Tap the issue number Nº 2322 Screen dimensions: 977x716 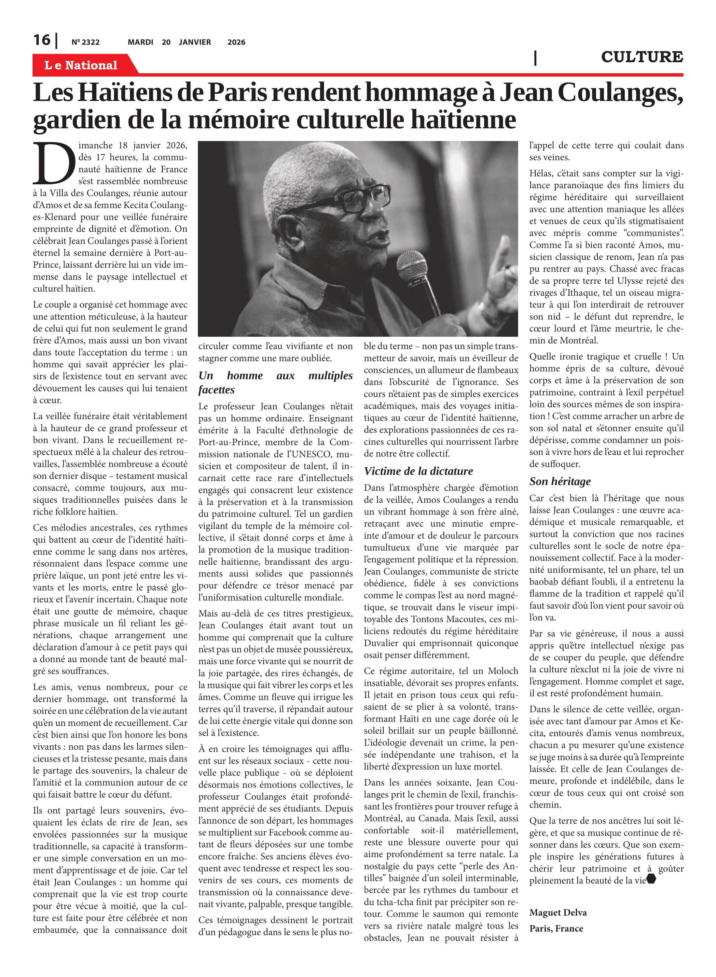click(85, 42)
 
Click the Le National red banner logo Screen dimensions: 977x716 click(81, 65)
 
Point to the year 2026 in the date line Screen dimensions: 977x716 click(236, 42)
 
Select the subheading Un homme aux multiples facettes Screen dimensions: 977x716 click(275, 382)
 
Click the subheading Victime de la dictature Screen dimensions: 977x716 click(418, 471)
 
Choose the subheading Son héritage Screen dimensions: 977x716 click(560, 481)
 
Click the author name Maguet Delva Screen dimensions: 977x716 click(558, 913)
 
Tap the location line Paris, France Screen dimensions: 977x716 click(556, 928)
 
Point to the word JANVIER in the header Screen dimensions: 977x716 click(195, 42)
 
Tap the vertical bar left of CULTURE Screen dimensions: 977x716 click(535, 58)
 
